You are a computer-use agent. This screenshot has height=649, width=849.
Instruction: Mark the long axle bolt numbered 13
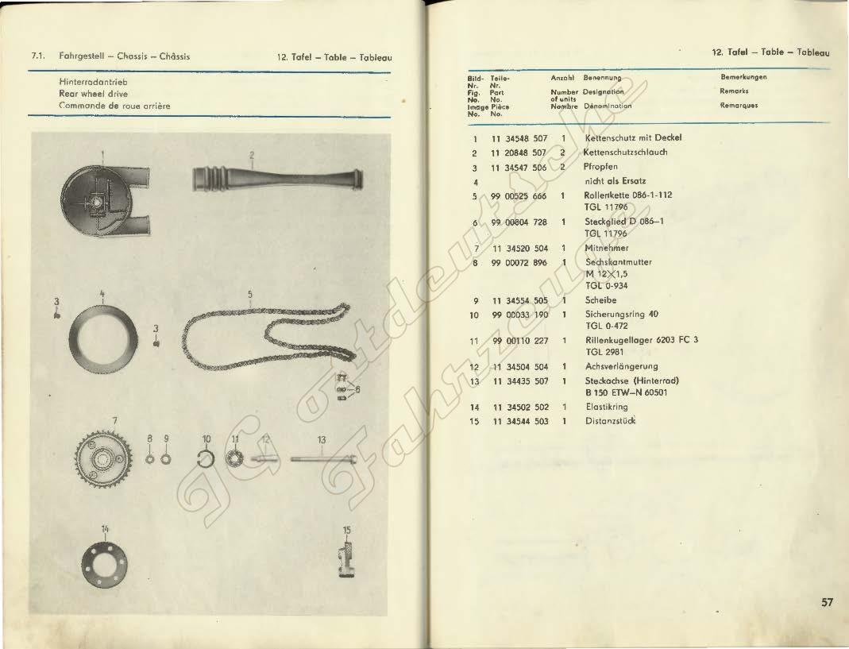[x=321, y=458]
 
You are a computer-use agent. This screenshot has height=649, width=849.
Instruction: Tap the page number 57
[x=827, y=602]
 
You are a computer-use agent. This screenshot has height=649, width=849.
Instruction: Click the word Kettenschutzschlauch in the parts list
[x=625, y=153]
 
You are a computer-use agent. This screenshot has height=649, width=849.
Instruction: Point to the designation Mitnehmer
[x=606, y=248]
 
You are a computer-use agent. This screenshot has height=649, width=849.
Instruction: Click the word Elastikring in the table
[x=607, y=406]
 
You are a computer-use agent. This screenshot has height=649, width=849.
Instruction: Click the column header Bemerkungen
[x=747, y=78]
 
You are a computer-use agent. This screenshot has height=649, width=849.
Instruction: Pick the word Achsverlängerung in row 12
[x=621, y=366]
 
